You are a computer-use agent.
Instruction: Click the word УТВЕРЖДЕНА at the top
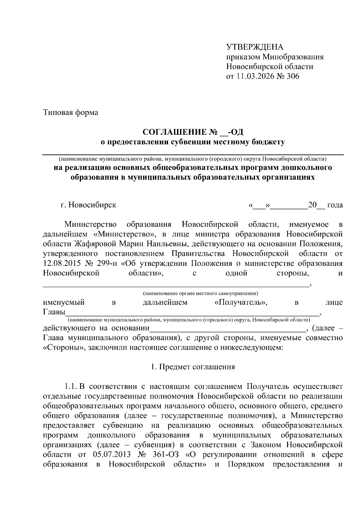(255, 47)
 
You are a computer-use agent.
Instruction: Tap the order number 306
(293, 76)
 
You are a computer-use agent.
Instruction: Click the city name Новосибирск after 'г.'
(92, 205)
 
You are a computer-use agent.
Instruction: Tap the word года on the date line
(335, 205)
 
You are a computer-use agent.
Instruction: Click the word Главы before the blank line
(54, 312)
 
